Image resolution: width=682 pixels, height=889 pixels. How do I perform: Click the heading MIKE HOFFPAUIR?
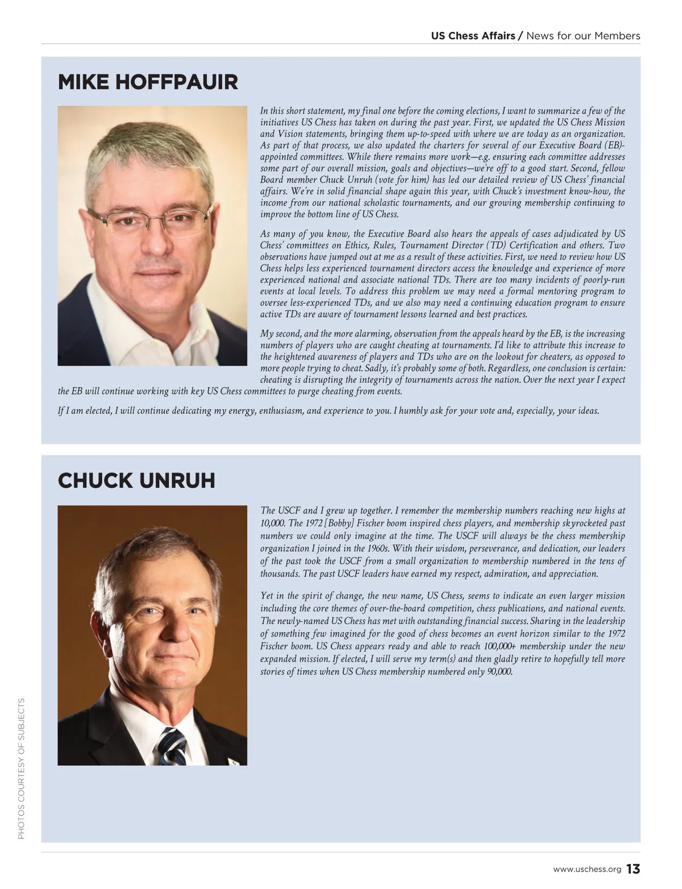[x=148, y=82]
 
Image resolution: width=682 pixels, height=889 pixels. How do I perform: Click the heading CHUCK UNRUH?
[x=136, y=481]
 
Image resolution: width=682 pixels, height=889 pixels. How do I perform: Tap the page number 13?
[x=633, y=869]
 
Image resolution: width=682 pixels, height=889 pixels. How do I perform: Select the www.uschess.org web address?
[x=587, y=870]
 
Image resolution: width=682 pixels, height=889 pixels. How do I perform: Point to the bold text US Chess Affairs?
[x=473, y=36]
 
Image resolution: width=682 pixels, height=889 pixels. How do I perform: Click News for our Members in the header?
[x=583, y=36]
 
